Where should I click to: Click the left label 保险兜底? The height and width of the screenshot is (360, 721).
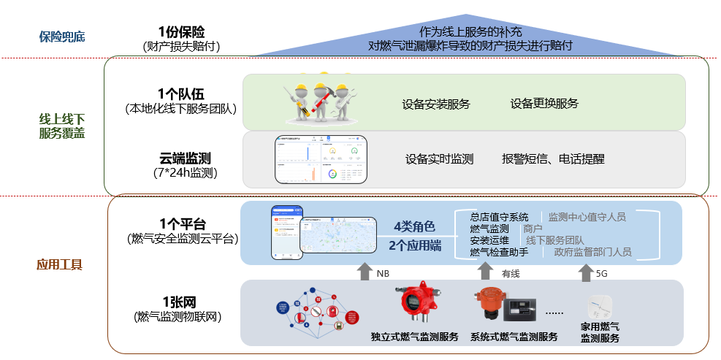point(62,35)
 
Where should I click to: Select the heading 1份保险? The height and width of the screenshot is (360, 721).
point(181,32)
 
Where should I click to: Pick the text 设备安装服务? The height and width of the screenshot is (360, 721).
point(436,104)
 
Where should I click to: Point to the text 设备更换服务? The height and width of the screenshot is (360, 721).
point(544,104)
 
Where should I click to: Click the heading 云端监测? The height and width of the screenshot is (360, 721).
point(181,158)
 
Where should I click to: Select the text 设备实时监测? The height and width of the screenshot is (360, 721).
point(439,158)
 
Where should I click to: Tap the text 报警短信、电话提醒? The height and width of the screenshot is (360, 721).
point(553,158)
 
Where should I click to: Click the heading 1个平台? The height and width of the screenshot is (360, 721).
point(181,223)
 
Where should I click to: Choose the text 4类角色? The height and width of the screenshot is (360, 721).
point(414,226)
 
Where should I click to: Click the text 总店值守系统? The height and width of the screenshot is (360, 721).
point(499,217)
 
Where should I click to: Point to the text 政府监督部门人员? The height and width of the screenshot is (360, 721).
point(592,252)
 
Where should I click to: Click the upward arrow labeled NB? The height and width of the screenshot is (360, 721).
point(364,272)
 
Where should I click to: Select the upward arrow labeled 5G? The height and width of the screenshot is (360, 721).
point(585,272)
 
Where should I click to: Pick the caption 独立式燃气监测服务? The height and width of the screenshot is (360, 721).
point(415,337)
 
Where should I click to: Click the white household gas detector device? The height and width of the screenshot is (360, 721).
point(600,305)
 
